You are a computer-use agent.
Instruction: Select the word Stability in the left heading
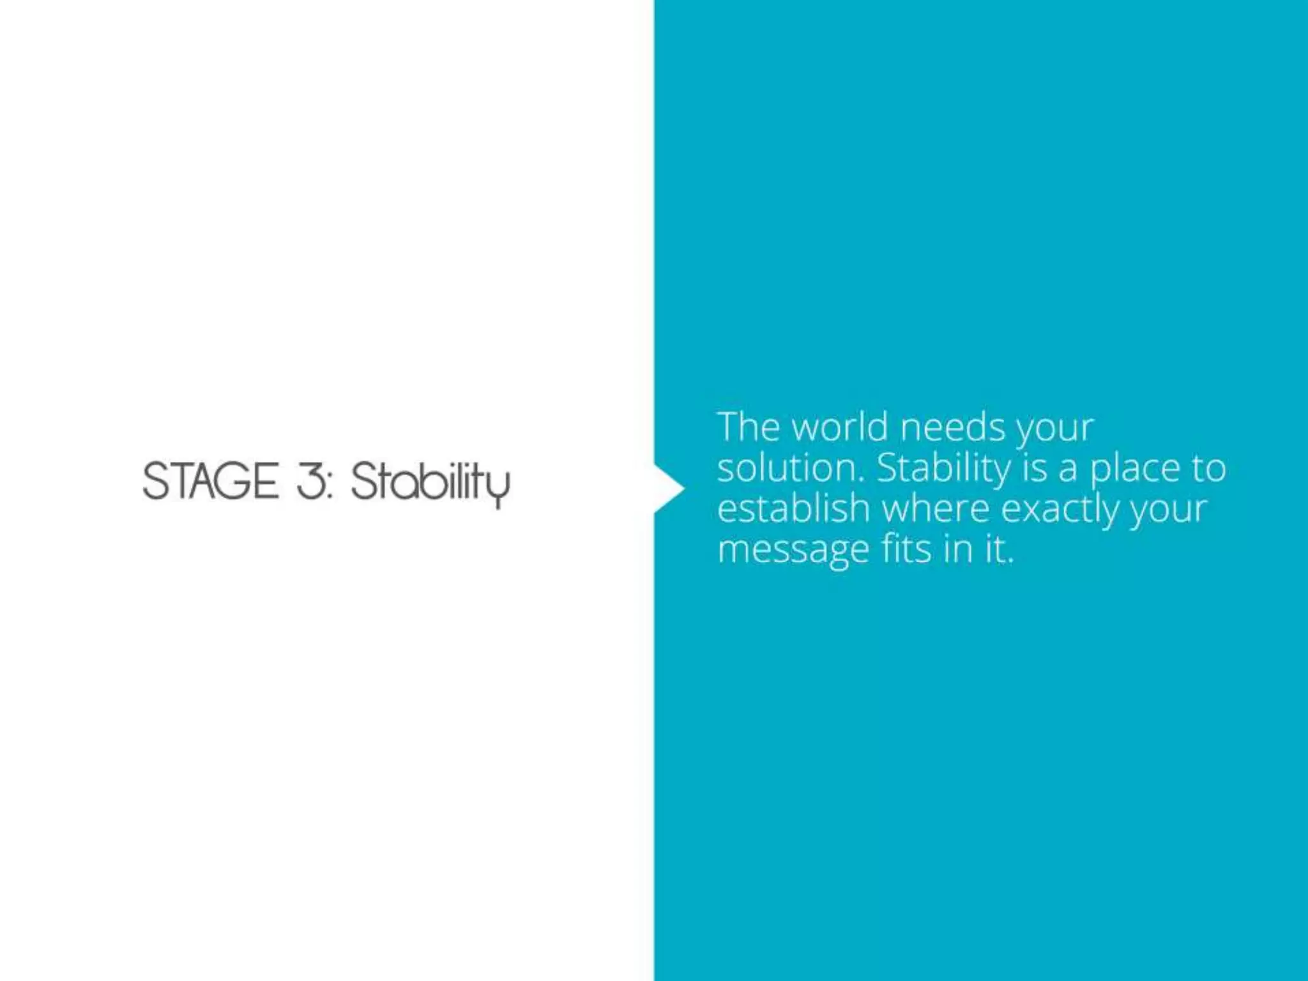coord(430,482)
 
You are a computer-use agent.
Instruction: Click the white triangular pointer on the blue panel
coord(668,489)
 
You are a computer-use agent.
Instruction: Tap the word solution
coord(791,468)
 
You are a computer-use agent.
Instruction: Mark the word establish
coord(793,509)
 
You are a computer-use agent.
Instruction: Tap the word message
coord(793,550)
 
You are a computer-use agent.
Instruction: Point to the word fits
coord(905,549)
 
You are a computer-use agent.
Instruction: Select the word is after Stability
coord(1035,468)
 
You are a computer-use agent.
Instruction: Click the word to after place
coord(1207,468)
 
